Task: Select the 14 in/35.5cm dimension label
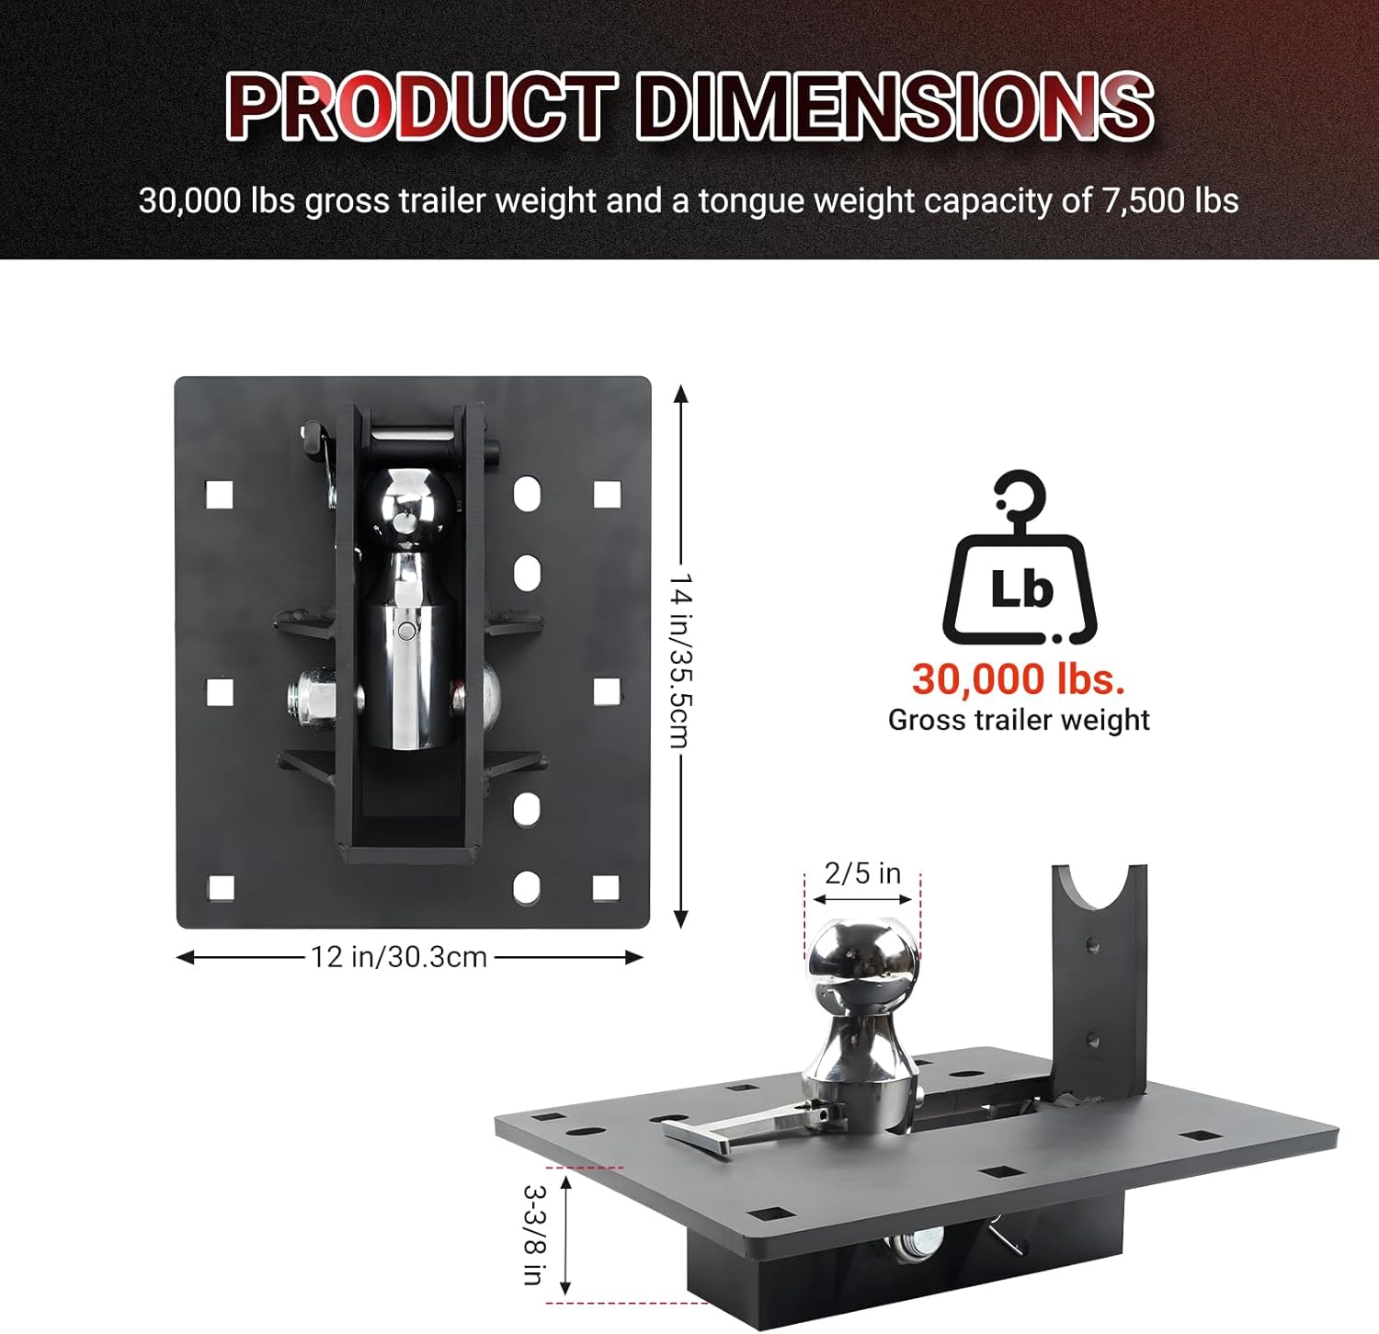[680, 660]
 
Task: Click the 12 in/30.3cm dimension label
[398, 957]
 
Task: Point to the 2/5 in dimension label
[862, 872]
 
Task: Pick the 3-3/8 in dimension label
[533, 1234]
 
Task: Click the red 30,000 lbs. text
[1018, 679]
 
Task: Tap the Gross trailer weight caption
[1018, 720]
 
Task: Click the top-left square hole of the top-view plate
[219, 495]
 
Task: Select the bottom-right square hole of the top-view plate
[605, 887]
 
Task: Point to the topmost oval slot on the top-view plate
[527, 494]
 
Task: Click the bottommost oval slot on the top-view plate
[527, 887]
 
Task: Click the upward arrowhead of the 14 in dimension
[680, 394]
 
